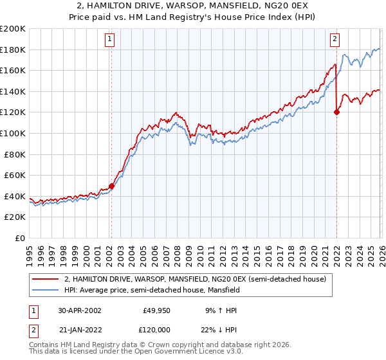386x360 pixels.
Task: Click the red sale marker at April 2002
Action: pyautogui.click(x=111, y=186)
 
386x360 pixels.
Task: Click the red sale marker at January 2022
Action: pyautogui.click(x=336, y=112)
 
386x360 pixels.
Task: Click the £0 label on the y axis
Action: pyautogui.click(x=21, y=238)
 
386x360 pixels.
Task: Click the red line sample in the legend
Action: pyautogui.click(x=46, y=278)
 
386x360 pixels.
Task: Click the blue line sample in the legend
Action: pyautogui.click(x=46, y=290)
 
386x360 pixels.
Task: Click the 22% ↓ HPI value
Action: pyautogui.click(x=219, y=328)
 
